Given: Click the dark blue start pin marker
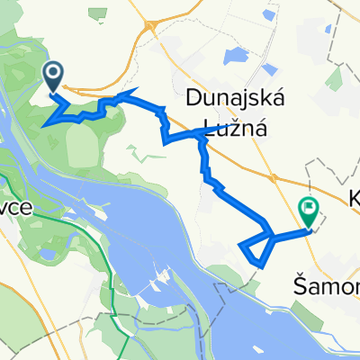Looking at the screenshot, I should (53, 75).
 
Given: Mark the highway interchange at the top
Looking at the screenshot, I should (149, 29).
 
